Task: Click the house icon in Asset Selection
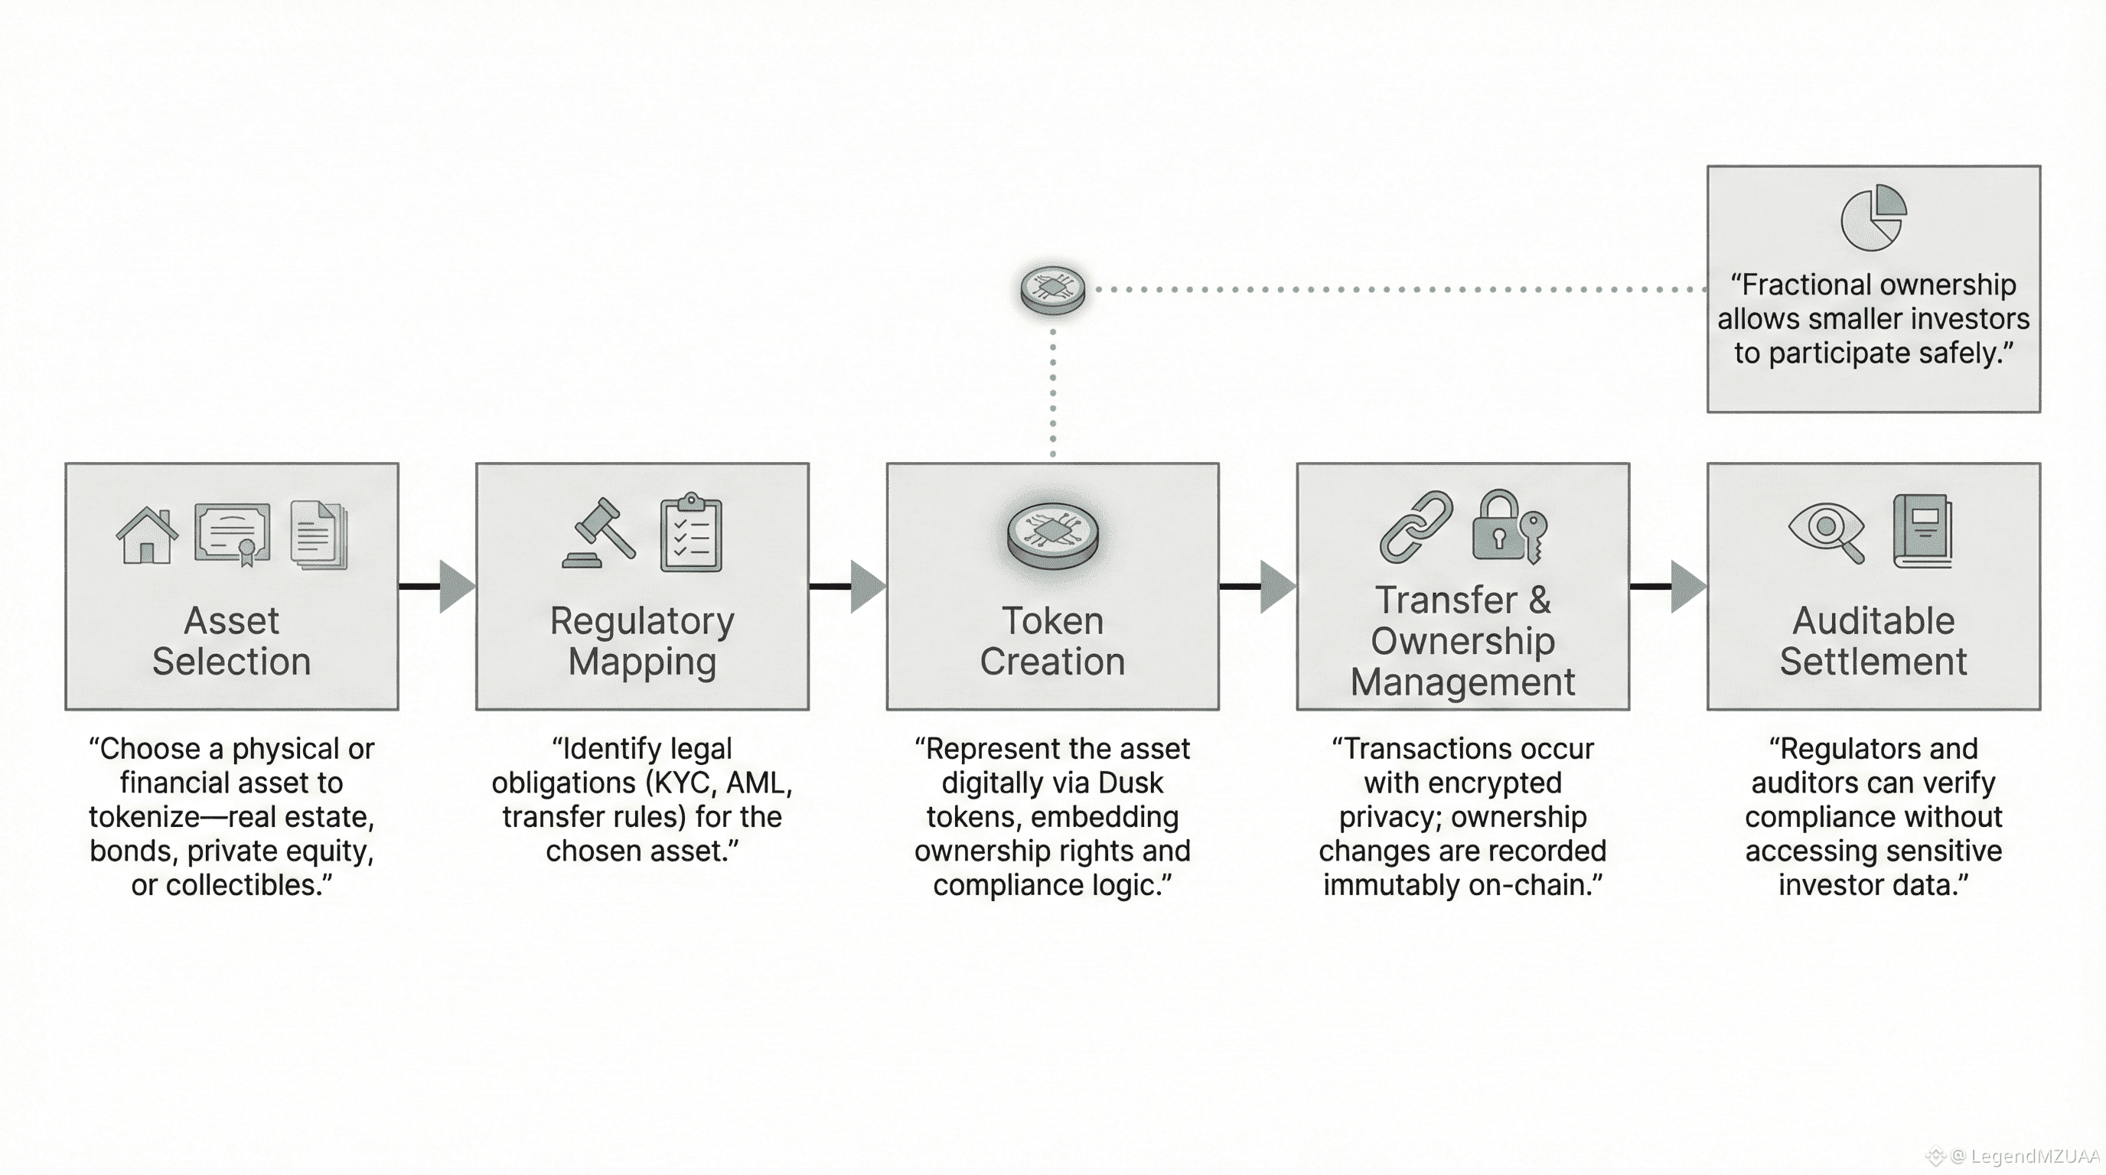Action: [x=147, y=535]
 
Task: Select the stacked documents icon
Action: [x=319, y=535]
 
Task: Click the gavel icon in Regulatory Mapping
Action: [x=599, y=532]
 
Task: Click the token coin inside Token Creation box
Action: [x=1052, y=535]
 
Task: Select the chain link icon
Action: [x=1416, y=527]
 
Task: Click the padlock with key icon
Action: [x=1509, y=527]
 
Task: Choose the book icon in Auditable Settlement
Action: [x=1923, y=531]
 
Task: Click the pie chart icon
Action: [x=1873, y=217]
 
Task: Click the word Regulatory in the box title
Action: [x=642, y=621]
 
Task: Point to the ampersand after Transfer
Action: [x=1540, y=601]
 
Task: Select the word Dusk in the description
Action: [x=1130, y=783]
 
